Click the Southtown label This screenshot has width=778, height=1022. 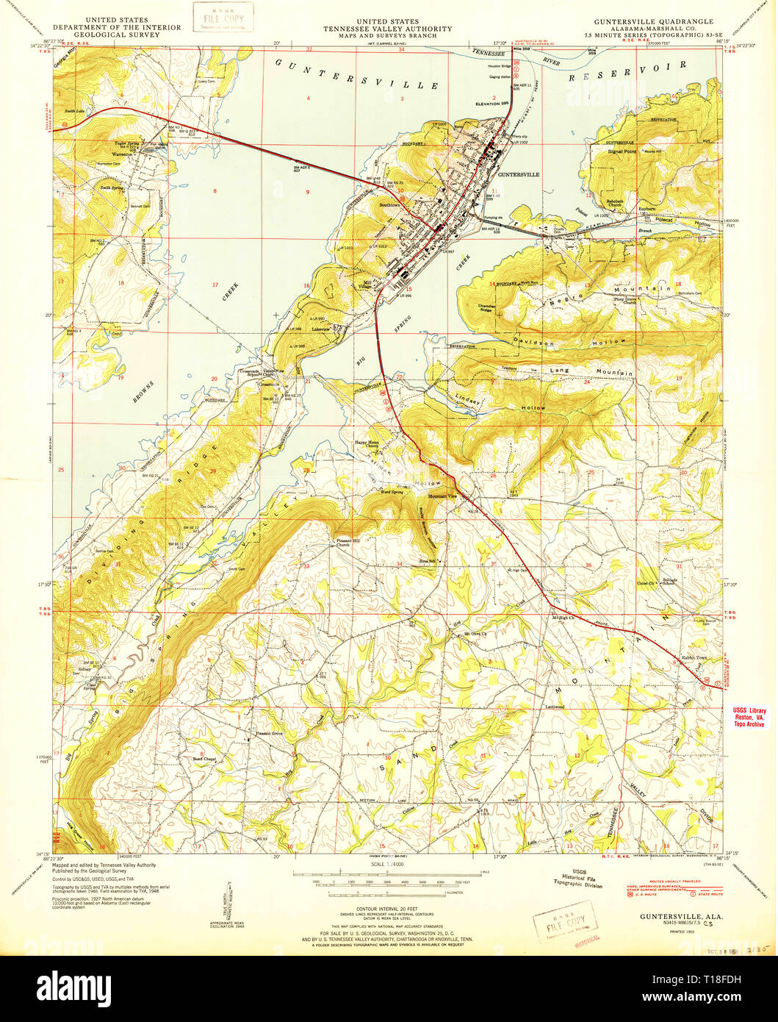[389, 205]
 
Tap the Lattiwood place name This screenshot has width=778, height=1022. [553, 707]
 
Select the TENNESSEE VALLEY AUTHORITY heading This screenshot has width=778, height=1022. [389, 29]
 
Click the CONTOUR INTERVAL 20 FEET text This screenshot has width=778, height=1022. [389, 910]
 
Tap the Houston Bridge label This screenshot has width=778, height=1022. [499, 67]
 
